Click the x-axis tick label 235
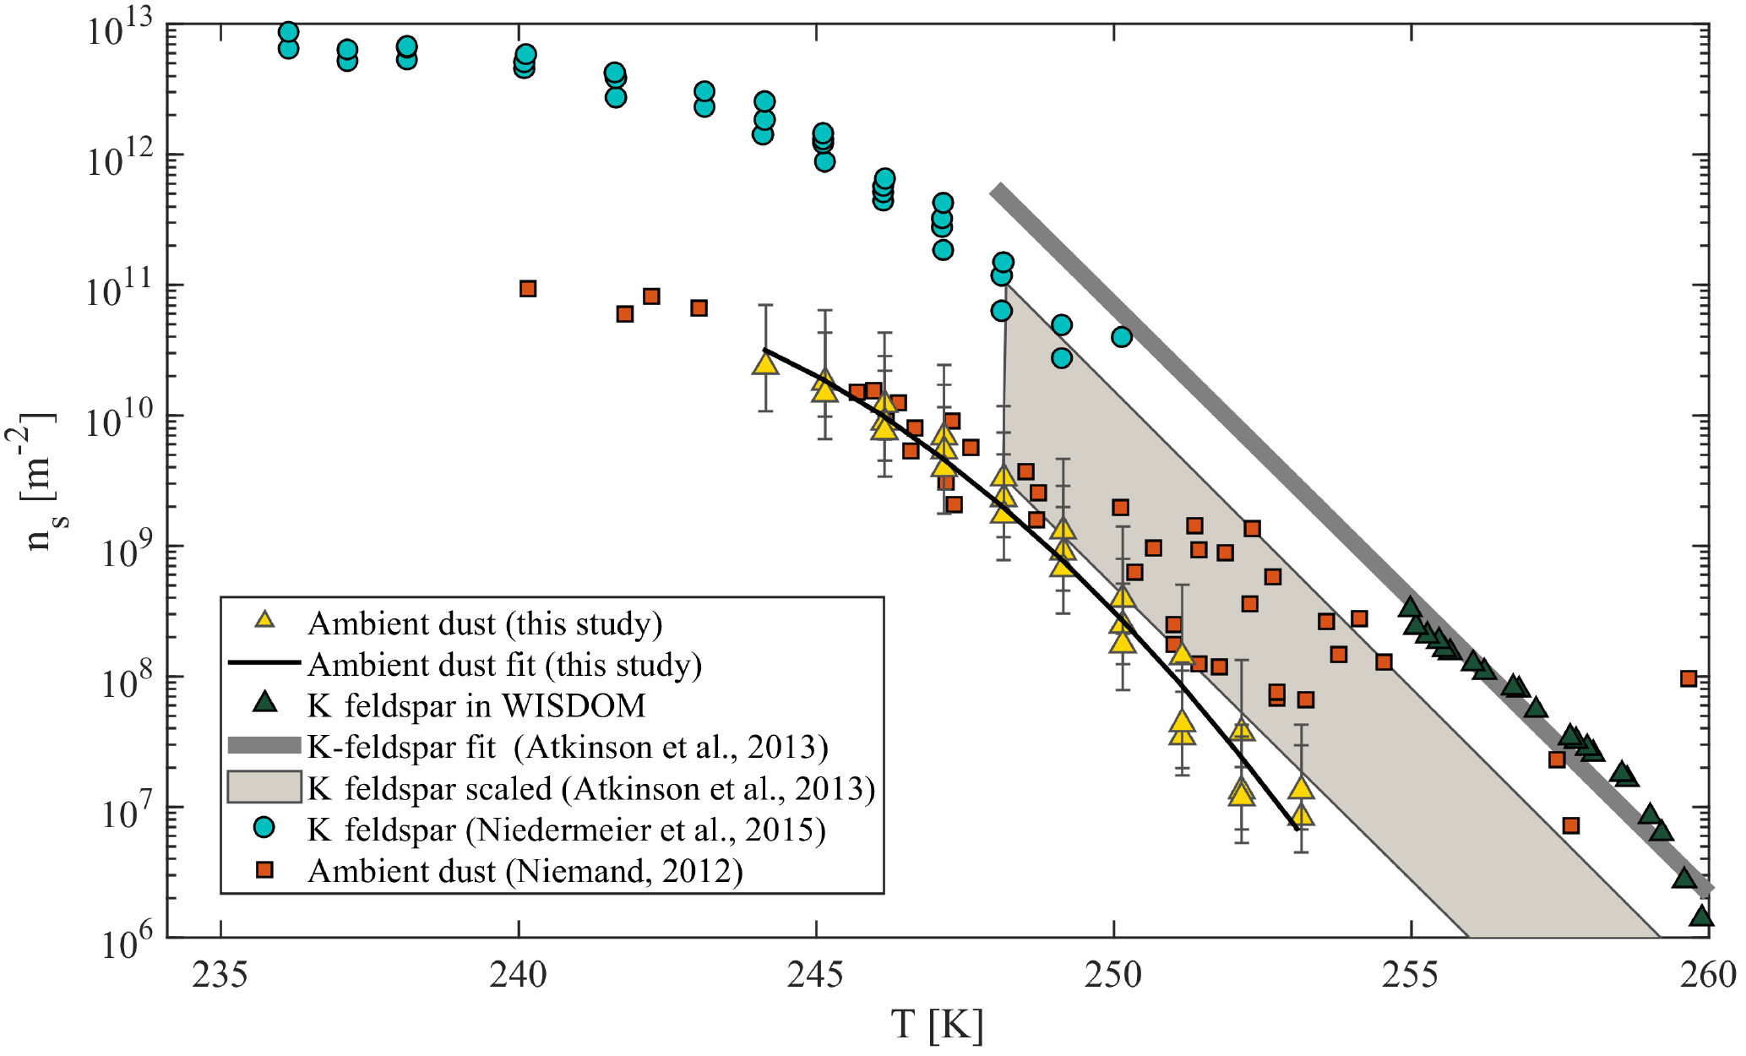(220, 976)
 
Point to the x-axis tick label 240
(518, 976)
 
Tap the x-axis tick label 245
(816, 976)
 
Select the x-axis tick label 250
(1113, 976)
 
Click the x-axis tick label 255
(1411, 976)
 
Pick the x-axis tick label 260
(1708, 976)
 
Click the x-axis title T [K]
(938, 1026)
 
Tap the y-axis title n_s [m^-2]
(38, 482)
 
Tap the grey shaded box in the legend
(264, 787)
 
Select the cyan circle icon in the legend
(265, 829)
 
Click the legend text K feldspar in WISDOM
(476, 705)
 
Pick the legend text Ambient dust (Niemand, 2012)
(525, 870)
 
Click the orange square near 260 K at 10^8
(1688, 678)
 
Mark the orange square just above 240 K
(528, 289)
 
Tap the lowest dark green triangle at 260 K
(1701, 917)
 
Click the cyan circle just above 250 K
(1121, 337)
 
